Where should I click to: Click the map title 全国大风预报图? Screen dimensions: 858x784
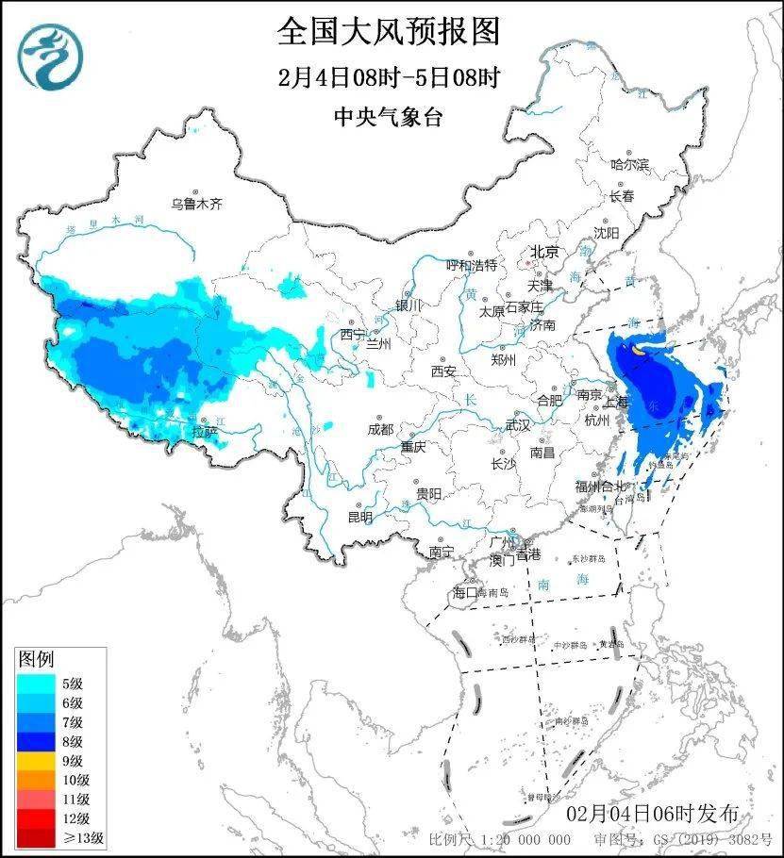click(388, 32)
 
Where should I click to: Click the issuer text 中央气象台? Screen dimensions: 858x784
click(388, 117)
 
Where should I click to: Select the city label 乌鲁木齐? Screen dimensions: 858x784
click(196, 203)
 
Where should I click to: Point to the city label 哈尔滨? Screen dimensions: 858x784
click(630, 164)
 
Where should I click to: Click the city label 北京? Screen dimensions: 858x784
click(544, 252)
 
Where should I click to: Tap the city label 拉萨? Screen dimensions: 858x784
click(205, 432)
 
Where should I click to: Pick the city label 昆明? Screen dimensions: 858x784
click(360, 517)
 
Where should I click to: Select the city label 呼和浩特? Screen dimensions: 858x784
click(471, 266)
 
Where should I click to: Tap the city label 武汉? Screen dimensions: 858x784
click(518, 425)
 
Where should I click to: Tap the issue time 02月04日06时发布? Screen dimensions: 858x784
click(652, 814)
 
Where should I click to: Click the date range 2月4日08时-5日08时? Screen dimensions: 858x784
click(388, 77)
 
